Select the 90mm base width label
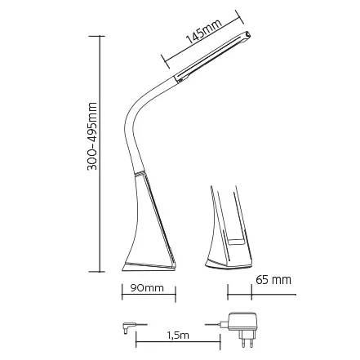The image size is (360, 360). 148,288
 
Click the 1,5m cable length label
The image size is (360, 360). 177,335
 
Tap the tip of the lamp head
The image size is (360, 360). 248,34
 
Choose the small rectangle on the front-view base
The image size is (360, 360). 235,242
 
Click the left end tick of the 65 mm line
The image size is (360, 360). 228,291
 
